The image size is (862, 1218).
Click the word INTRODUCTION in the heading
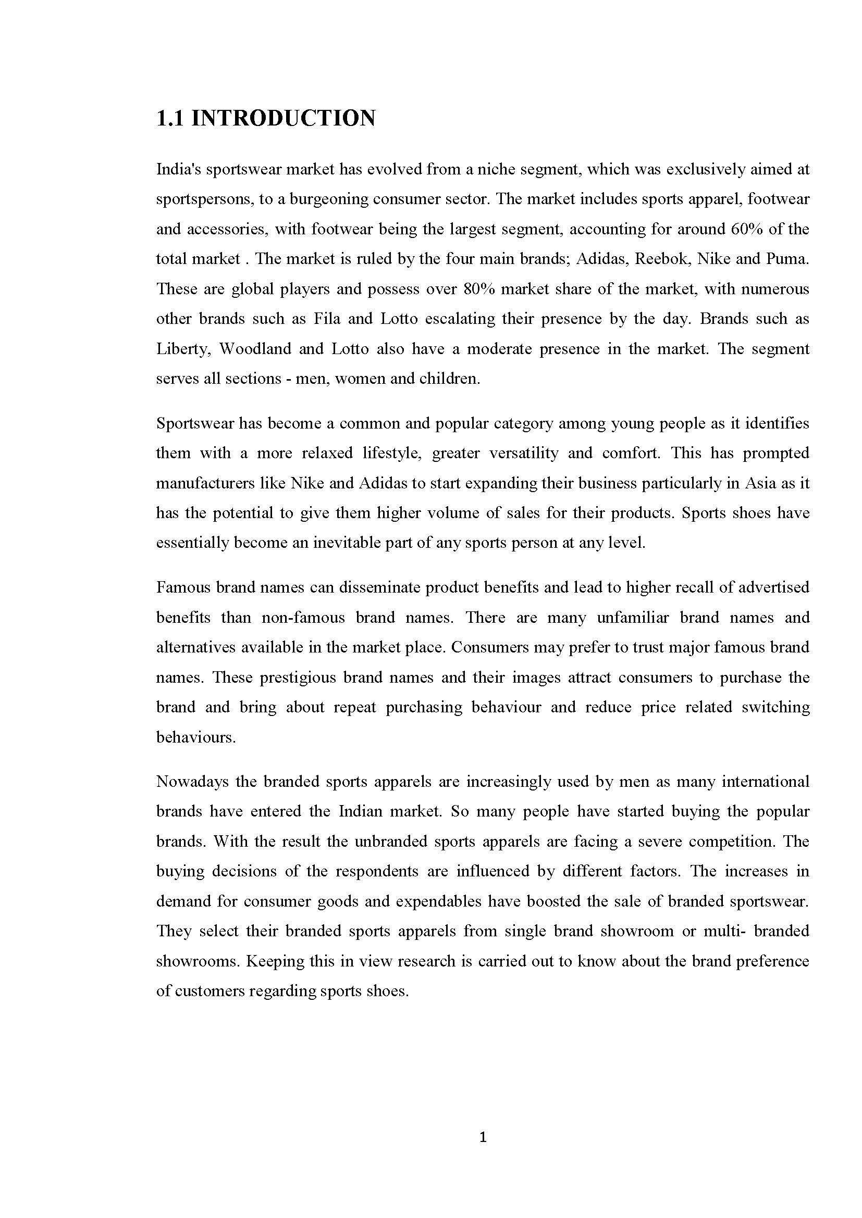click(283, 118)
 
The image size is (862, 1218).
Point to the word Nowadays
click(192, 782)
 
